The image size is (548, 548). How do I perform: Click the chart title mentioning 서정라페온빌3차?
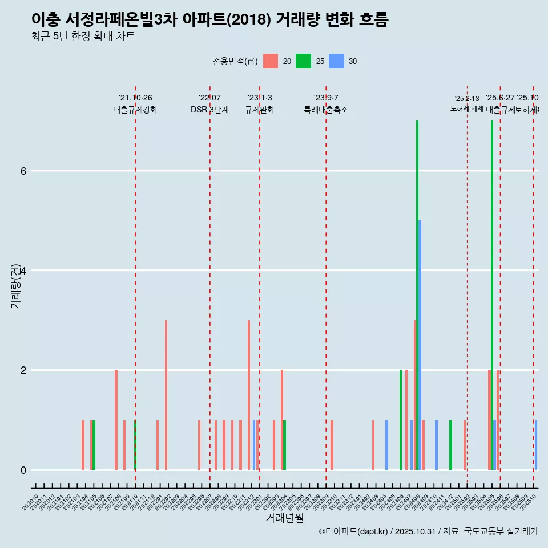point(209,20)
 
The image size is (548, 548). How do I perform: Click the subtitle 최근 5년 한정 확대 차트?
point(83,37)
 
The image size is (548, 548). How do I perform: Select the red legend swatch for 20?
point(271,61)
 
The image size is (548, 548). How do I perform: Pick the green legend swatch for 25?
point(303,61)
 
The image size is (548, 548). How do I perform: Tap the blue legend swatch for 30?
point(336,61)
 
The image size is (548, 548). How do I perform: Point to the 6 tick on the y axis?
point(23,171)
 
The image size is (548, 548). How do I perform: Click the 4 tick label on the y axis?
point(23,271)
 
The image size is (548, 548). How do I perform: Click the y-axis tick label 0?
point(23,470)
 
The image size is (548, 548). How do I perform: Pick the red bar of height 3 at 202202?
point(166,395)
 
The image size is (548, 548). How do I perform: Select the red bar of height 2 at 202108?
point(116,420)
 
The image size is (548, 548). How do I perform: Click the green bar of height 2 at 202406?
point(401,420)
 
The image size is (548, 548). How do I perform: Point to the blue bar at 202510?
point(536,445)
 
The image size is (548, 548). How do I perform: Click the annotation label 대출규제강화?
point(135,110)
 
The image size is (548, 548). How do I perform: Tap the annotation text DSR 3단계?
point(209,110)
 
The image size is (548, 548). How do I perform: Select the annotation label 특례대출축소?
point(325,110)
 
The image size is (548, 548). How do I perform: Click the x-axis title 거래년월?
point(284,518)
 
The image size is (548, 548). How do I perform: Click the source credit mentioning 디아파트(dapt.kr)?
point(428,531)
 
